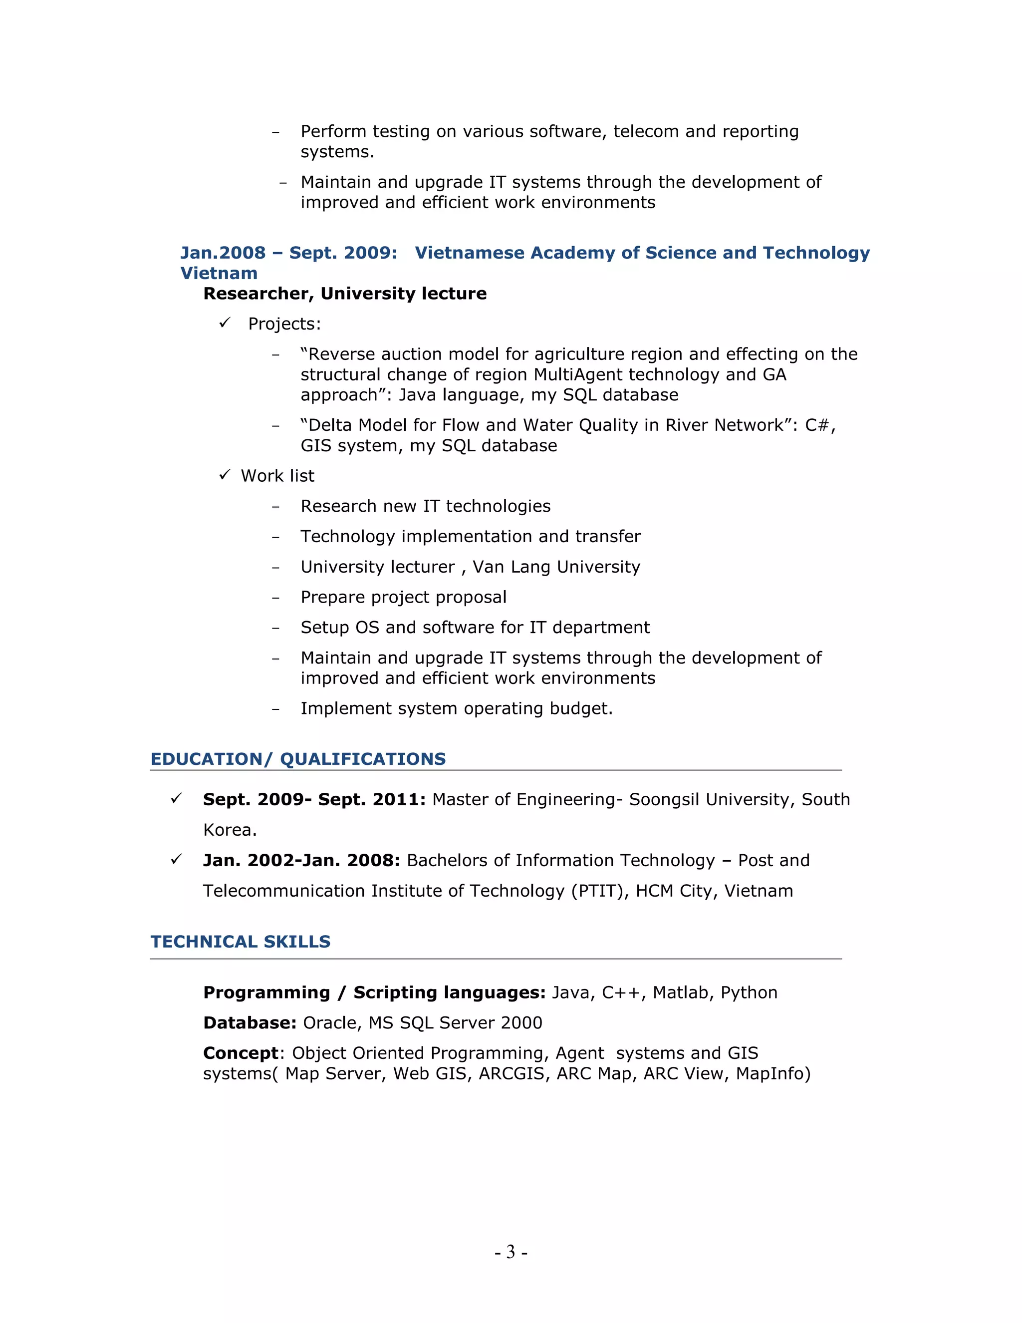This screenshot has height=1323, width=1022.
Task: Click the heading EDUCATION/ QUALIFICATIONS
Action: point(298,759)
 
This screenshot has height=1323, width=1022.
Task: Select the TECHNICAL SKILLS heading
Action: point(241,942)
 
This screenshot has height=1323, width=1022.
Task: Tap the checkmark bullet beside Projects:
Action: point(225,323)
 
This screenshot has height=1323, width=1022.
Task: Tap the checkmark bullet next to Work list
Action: point(225,474)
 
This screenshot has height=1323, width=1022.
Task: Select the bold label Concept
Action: point(241,1053)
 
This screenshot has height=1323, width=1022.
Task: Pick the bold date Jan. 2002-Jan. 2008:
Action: point(301,860)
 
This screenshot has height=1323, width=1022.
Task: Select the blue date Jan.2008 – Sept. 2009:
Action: point(289,253)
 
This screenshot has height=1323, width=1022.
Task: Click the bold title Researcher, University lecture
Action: point(344,293)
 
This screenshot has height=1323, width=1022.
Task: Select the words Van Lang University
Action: point(556,567)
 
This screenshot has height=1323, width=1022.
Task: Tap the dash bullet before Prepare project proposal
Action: point(275,598)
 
